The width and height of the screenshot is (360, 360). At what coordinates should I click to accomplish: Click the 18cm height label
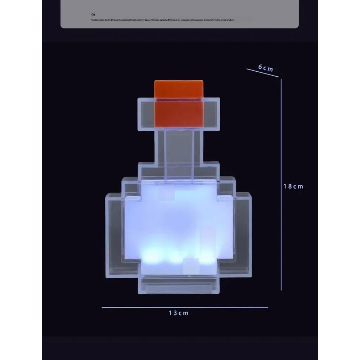293,186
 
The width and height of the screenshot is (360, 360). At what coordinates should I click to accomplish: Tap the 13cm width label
179,313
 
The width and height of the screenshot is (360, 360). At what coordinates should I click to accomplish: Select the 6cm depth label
266,68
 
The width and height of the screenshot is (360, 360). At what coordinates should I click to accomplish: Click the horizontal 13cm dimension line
185,307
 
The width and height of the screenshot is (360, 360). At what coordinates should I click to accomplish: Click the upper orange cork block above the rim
179,89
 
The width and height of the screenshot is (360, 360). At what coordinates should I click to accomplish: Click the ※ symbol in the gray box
93,14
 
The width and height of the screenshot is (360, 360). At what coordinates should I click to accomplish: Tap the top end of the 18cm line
281,80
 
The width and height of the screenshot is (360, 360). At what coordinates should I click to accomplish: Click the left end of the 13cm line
103,307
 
